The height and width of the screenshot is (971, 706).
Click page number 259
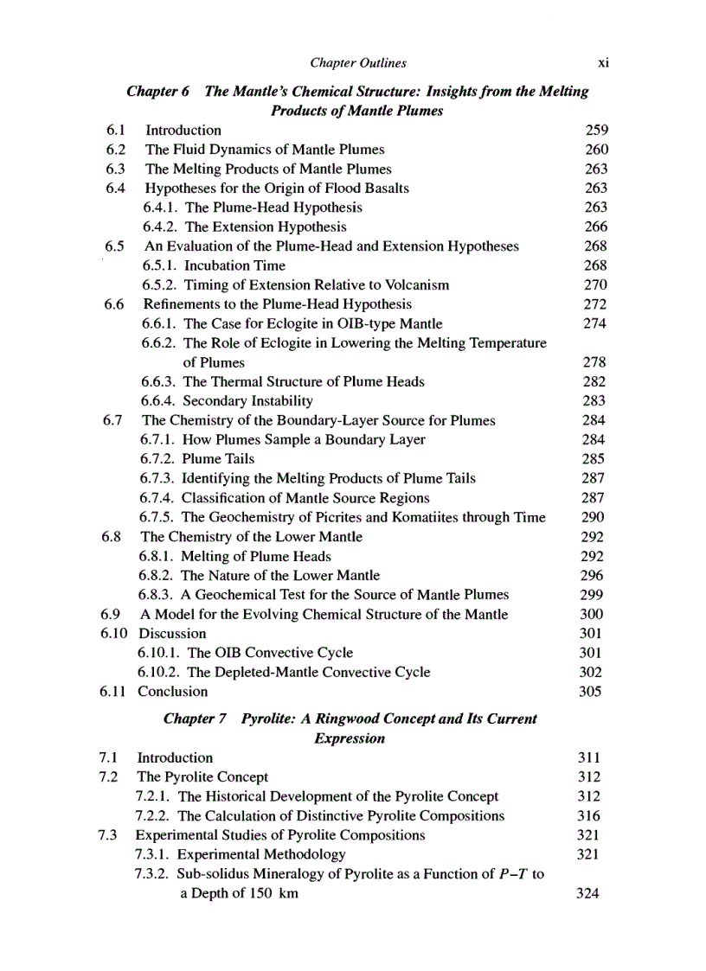pyautogui.click(x=596, y=131)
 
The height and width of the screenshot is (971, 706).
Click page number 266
pyautogui.click(x=596, y=227)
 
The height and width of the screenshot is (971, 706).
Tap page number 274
pyautogui.click(x=596, y=323)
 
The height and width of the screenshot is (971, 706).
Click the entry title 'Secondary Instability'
pyautogui.click(x=248, y=401)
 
